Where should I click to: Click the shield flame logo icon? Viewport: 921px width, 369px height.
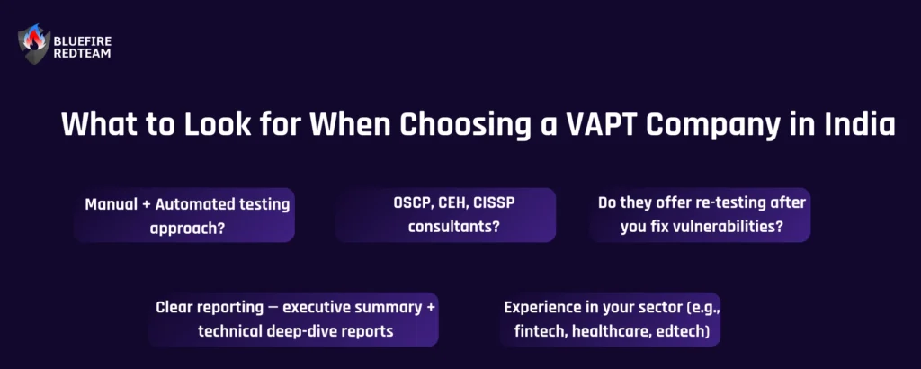(34, 44)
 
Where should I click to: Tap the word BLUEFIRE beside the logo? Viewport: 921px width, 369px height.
(82, 40)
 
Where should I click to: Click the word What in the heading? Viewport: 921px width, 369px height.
(93, 124)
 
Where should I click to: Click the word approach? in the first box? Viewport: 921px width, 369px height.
(187, 228)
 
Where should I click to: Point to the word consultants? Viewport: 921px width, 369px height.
(454, 226)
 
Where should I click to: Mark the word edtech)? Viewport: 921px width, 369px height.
(683, 331)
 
